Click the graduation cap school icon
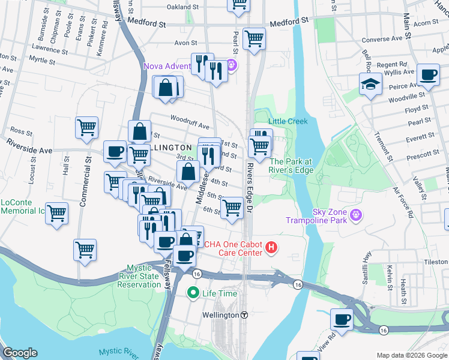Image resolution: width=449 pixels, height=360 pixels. click(x=370, y=85)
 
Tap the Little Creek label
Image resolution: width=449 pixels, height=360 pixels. click(x=288, y=121)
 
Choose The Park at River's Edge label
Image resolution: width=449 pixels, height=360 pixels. click(x=291, y=166)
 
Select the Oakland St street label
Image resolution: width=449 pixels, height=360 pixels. click(x=182, y=7)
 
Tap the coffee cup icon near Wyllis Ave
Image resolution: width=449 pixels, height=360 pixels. click(x=428, y=76)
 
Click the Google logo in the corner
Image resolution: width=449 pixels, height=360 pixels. click(x=20, y=353)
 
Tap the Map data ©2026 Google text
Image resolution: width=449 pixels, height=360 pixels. click(x=411, y=355)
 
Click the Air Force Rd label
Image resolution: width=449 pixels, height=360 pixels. click(x=403, y=201)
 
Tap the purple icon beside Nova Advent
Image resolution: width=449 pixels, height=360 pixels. click(x=233, y=65)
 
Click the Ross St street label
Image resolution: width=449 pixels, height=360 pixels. click(x=21, y=131)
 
